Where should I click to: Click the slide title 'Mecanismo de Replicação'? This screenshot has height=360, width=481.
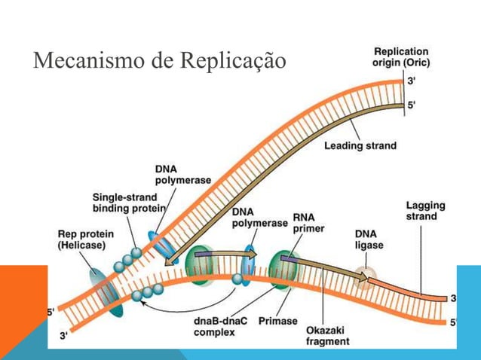pyautogui.click(x=159, y=59)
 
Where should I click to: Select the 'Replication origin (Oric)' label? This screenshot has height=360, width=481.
pyautogui.click(x=401, y=56)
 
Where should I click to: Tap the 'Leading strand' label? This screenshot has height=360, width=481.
pyautogui.click(x=360, y=145)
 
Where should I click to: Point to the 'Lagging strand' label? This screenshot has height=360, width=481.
pyautogui.click(x=425, y=211)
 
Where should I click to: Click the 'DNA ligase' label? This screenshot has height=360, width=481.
pyautogui.click(x=369, y=239)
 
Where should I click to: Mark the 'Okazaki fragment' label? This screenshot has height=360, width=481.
pyautogui.click(x=327, y=335)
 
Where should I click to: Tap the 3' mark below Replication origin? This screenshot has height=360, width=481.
pyautogui.click(x=411, y=80)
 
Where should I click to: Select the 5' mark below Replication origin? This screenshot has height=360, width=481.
pyautogui.click(x=411, y=106)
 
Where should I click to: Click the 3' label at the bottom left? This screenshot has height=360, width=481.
pyautogui.click(x=64, y=337)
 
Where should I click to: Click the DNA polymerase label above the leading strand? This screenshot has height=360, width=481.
pyautogui.click(x=182, y=175)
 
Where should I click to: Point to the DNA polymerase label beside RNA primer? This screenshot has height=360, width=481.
pyautogui.click(x=259, y=218)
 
